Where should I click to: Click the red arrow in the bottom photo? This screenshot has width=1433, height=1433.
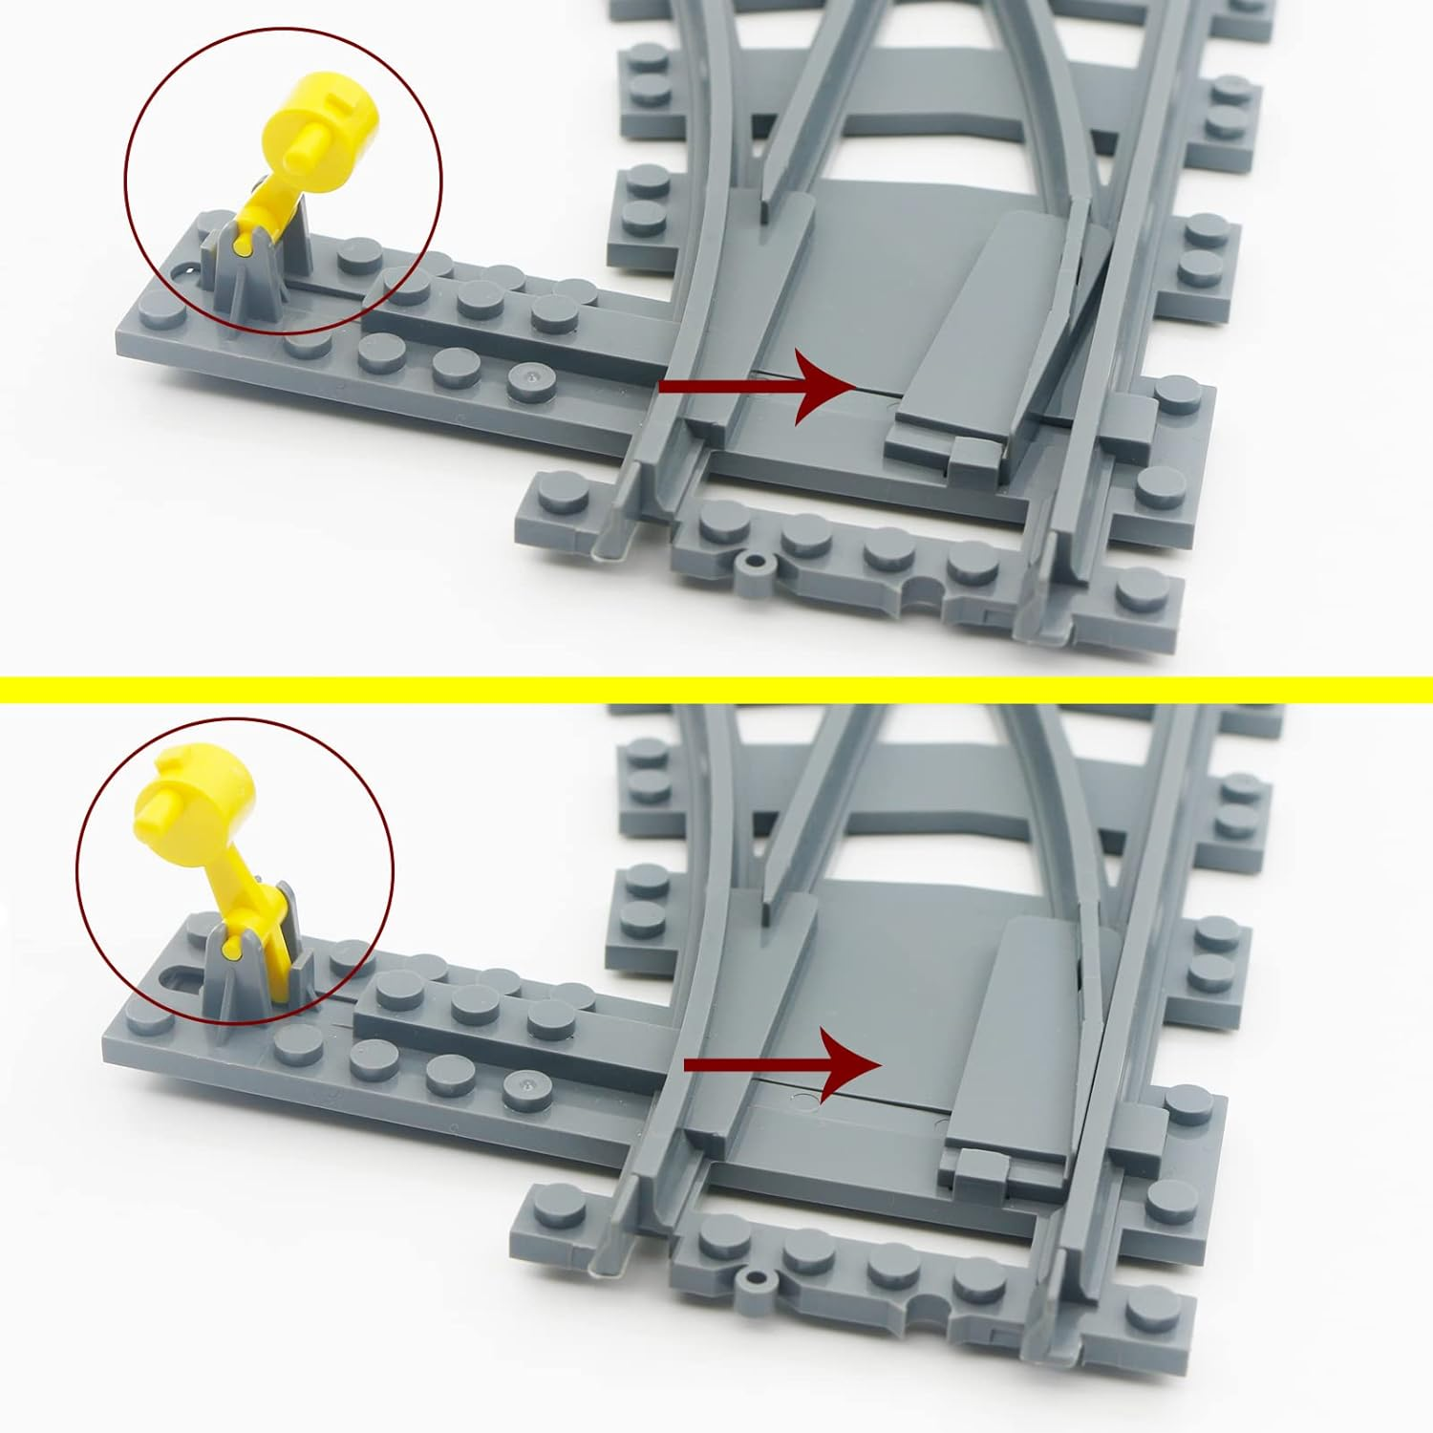783,1064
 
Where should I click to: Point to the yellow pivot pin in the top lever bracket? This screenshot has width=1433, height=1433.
246,246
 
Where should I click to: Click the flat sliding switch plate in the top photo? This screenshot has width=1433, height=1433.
984,325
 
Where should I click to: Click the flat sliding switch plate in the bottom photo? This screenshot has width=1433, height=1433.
1022,1032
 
